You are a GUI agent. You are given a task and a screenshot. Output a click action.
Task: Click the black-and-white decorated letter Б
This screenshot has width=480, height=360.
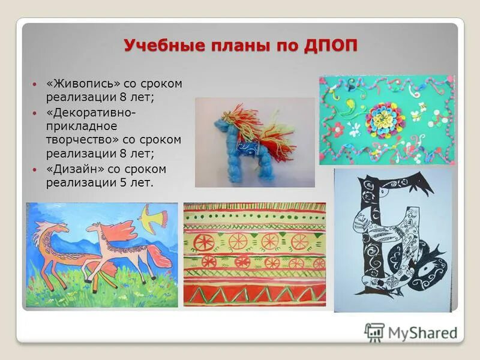click(x=396, y=240)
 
